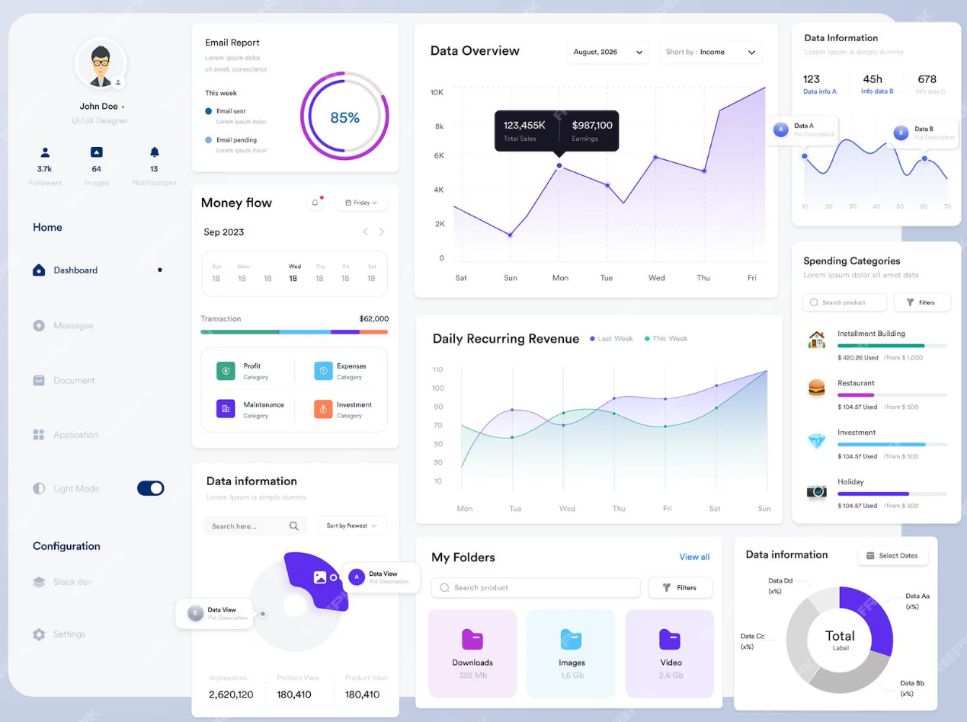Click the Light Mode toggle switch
(151, 488)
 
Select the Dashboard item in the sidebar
(75, 270)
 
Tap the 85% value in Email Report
(344, 117)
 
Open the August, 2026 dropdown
(607, 52)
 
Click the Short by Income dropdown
(710, 52)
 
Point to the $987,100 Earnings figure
(592, 126)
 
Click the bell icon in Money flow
(315, 203)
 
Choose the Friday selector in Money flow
(361, 203)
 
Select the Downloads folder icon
(472, 639)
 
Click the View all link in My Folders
(694, 557)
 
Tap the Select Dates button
(892, 556)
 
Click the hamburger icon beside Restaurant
(816, 388)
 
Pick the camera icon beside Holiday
(816, 491)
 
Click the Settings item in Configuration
(69, 634)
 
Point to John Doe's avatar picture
(100, 64)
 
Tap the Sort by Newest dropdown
(352, 526)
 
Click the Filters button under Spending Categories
(921, 302)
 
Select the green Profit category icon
(226, 371)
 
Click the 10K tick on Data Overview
(437, 92)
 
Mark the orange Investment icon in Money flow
(323, 409)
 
